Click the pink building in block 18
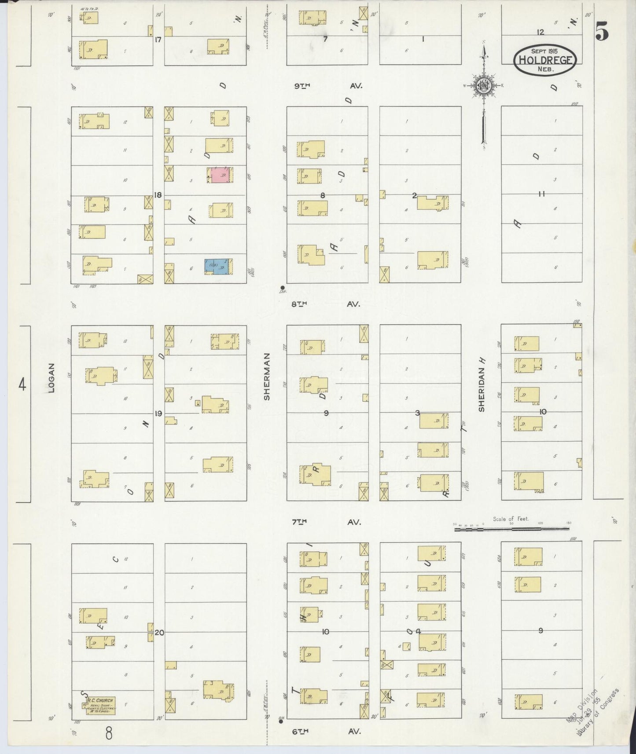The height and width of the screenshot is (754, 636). point(220,175)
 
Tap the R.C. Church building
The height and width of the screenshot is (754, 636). point(100,706)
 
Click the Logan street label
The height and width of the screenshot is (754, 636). point(51,378)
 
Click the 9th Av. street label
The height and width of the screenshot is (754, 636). point(328,86)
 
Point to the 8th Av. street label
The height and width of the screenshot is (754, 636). point(326,304)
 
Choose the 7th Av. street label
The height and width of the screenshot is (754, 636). point(327,522)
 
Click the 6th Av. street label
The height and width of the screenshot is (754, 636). point(327,731)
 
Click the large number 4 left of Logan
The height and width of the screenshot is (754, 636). point(22,385)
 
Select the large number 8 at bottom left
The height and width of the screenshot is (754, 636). point(108,733)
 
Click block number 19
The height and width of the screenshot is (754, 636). point(158,413)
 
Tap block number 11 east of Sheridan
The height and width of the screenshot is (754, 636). point(541,194)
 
